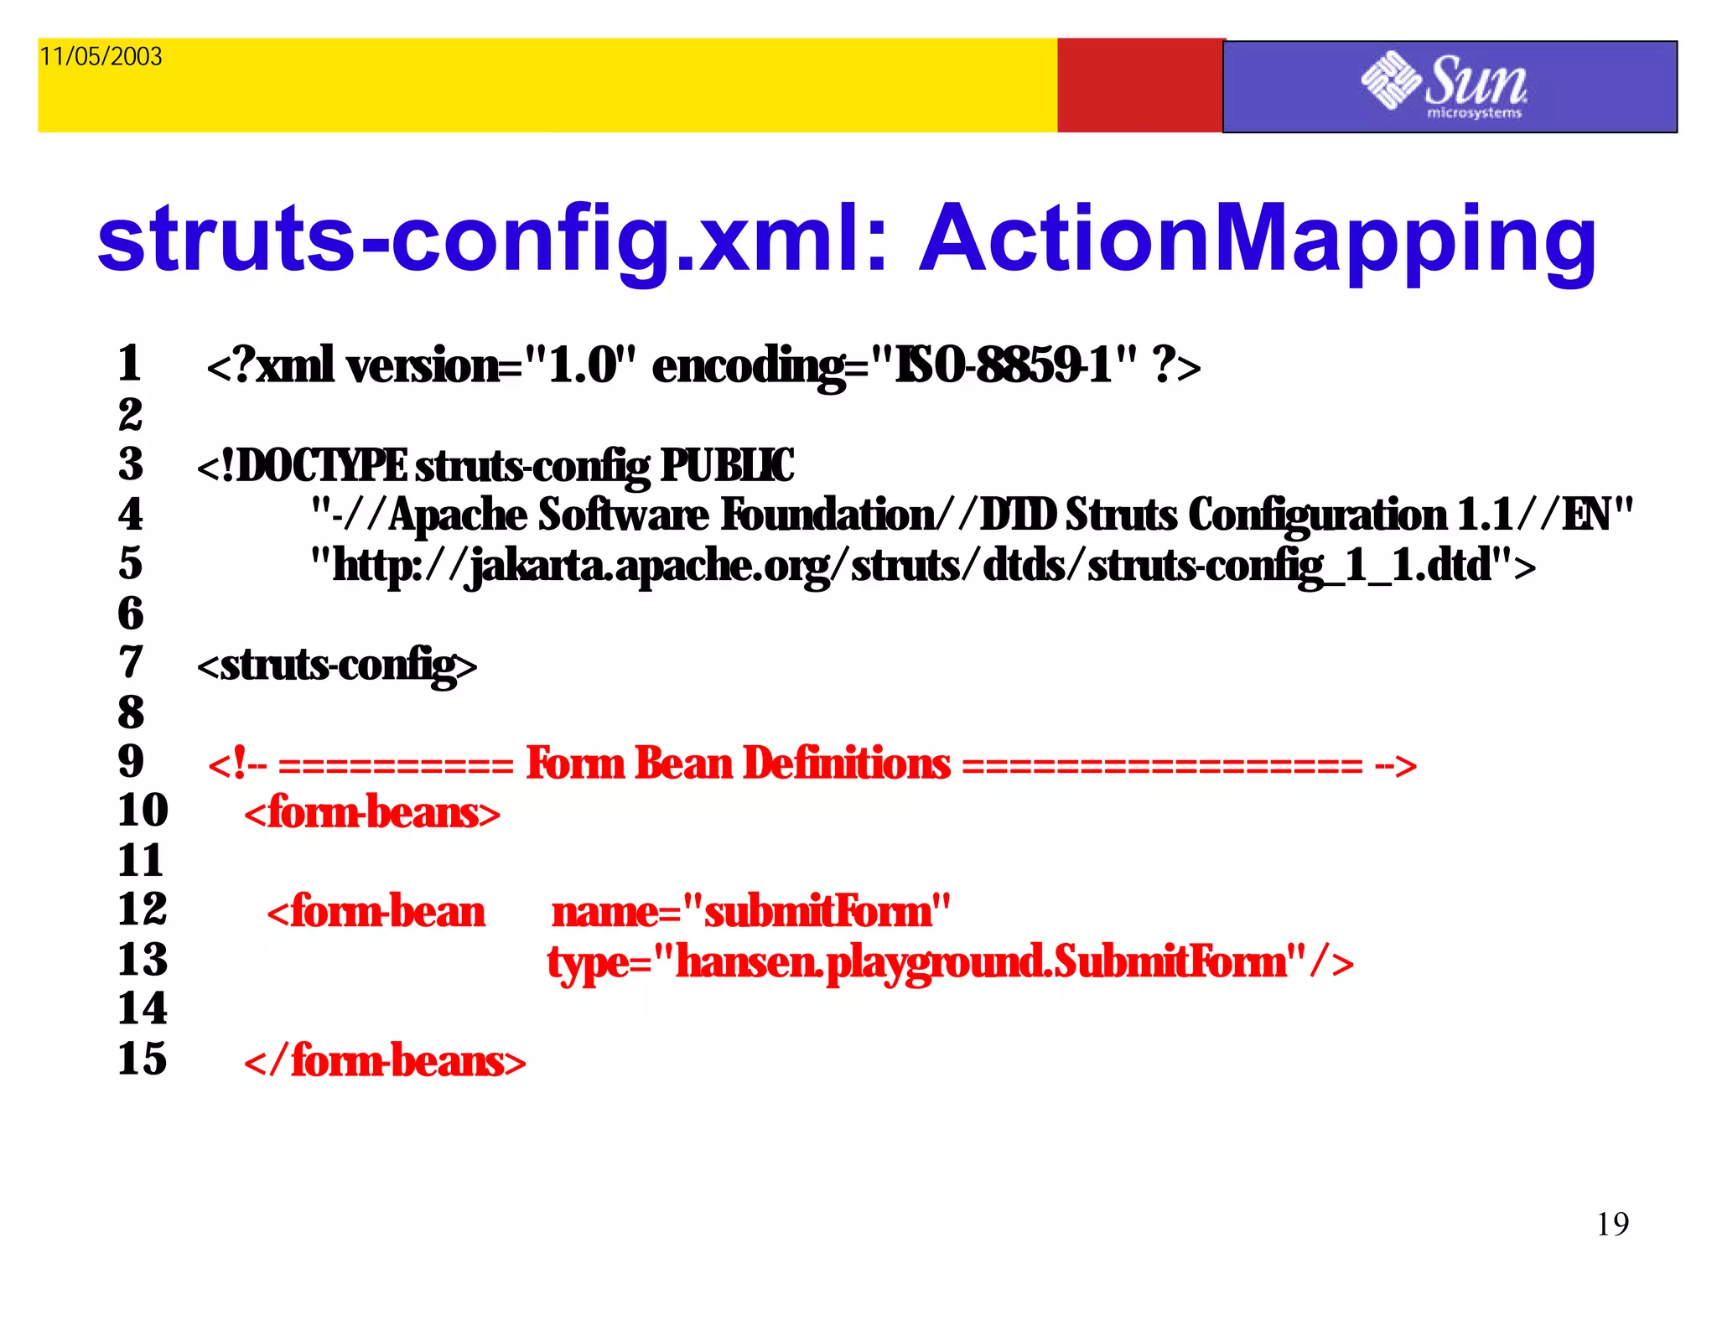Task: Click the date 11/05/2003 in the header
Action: click(101, 56)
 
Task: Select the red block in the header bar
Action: click(1140, 85)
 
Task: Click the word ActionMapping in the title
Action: click(1258, 241)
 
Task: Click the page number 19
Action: click(1612, 1225)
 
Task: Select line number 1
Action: click(129, 364)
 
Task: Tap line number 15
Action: click(143, 1059)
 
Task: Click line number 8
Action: click(131, 712)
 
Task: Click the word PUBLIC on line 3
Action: click(727, 466)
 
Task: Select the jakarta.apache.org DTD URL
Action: click(922, 566)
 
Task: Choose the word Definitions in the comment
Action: click(847, 764)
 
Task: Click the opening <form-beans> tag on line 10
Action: click(372, 813)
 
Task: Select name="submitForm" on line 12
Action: click(751, 912)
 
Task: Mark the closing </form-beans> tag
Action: click(385, 1061)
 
